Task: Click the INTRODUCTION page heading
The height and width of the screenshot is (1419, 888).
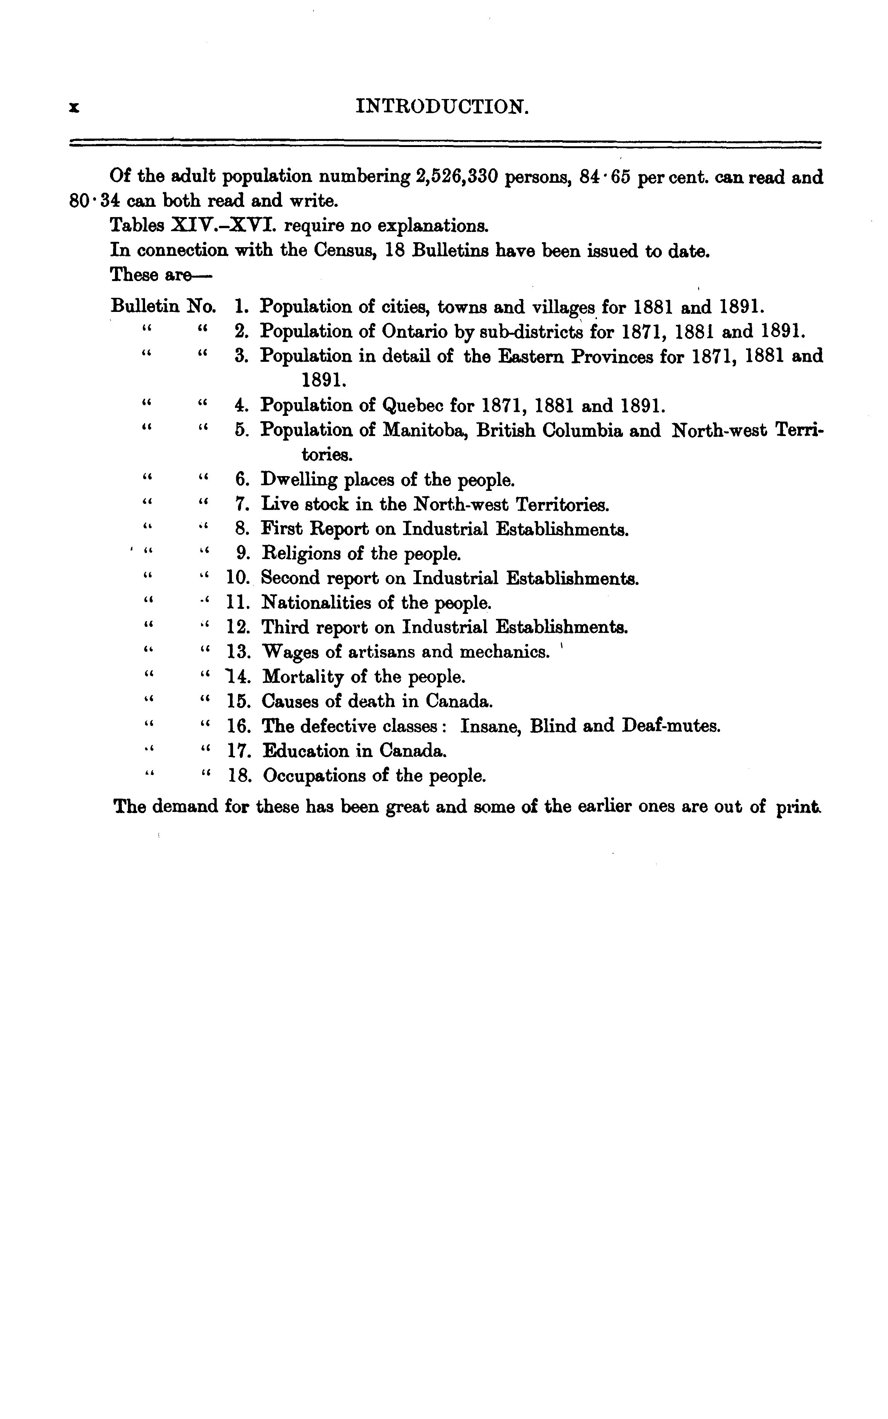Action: [443, 107]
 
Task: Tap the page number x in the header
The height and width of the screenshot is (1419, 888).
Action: [73, 107]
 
